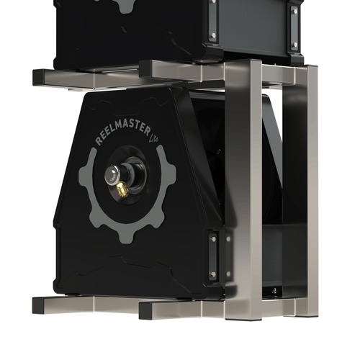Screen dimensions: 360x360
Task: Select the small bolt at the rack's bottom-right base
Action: pyautogui.click(x=273, y=291)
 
